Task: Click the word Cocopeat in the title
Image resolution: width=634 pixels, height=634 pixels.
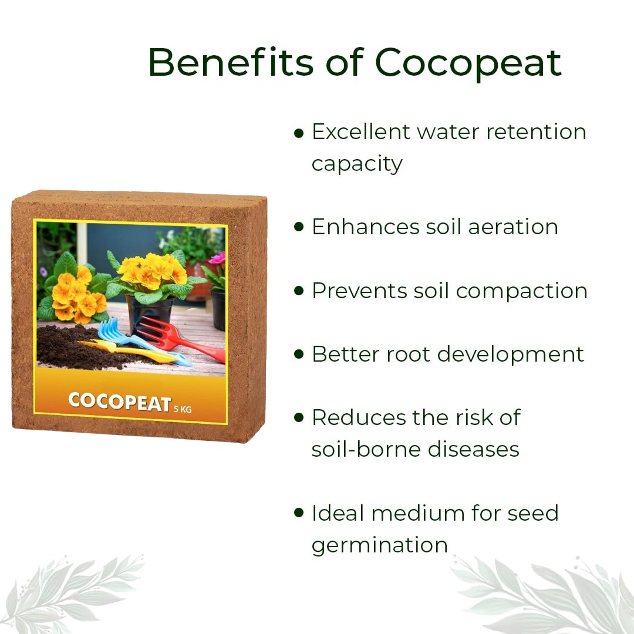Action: tap(468, 62)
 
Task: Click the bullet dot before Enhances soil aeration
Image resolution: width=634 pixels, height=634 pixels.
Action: tap(299, 227)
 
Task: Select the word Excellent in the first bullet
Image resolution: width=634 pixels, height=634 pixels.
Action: tap(361, 132)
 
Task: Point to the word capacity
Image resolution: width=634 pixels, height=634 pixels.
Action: tap(357, 164)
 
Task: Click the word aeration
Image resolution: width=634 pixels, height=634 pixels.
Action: tap(513, 227)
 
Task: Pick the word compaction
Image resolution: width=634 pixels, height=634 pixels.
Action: tap(521, 291)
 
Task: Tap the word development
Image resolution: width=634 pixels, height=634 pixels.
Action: tap(511, 355)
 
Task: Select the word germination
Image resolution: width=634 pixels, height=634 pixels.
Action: tap(380, 545)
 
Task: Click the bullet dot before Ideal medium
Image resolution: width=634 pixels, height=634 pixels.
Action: tap(299, 512)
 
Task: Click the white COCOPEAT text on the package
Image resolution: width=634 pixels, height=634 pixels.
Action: tap(120, 402)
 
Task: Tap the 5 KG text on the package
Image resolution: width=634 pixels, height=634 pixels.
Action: tap(183, 409)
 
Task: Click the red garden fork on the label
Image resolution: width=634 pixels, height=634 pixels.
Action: tap(178, 338)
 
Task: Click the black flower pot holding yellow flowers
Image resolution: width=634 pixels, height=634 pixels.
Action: tap(150, 313)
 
